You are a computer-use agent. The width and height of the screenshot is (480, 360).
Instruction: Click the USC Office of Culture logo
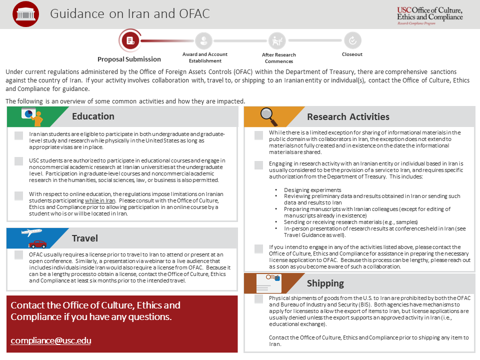tap(429, 14)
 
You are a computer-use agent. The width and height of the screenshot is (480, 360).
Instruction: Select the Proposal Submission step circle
tap(130, 40)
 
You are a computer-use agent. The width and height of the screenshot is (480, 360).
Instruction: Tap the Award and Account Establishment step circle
tap(203, 40)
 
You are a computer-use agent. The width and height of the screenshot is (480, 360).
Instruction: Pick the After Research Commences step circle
tap(276, 40)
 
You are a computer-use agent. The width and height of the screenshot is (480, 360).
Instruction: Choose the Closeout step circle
tap(352, 40)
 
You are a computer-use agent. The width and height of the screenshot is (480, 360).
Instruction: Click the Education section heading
tap(93, 116)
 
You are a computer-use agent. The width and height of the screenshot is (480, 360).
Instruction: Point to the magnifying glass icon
tap(269, 116)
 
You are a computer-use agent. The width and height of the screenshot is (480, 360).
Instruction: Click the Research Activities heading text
tap(348, 117)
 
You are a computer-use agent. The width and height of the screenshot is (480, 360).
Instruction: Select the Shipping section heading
tap(325, 283)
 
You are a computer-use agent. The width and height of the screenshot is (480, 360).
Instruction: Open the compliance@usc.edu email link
tap(50, 341)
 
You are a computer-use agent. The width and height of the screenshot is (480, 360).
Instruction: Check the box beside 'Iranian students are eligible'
tap(19, 135)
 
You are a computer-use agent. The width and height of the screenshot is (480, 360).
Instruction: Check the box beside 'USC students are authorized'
tap(19, 161)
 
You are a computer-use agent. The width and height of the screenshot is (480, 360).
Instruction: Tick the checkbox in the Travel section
tap(19, 255)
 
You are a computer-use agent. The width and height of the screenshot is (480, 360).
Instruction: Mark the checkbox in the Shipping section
tap(258, 299)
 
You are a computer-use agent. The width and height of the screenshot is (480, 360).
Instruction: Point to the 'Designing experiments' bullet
tap(312, 190)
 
